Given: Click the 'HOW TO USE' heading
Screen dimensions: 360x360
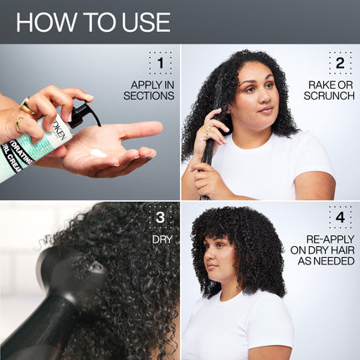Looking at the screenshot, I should coord(92,22).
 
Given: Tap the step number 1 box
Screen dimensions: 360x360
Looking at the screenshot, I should coord(160,63).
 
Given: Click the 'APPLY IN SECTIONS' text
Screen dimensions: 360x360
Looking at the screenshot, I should coord(152,90).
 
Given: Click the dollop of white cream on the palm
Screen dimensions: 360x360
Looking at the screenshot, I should coord(99,153).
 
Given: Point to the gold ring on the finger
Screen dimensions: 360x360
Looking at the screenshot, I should coord(27,105).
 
